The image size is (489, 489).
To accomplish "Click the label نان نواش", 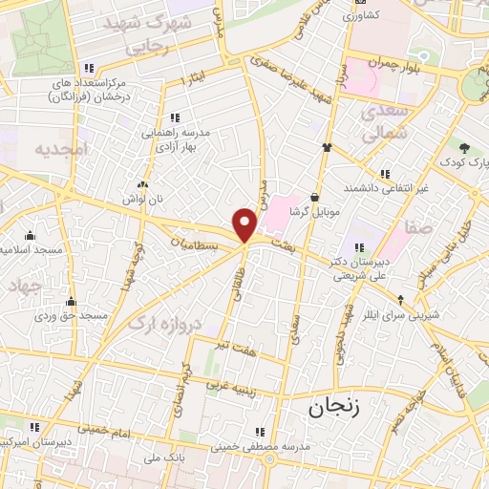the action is coord(143,197).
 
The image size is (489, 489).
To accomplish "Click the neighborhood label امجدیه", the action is coord(60,150).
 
